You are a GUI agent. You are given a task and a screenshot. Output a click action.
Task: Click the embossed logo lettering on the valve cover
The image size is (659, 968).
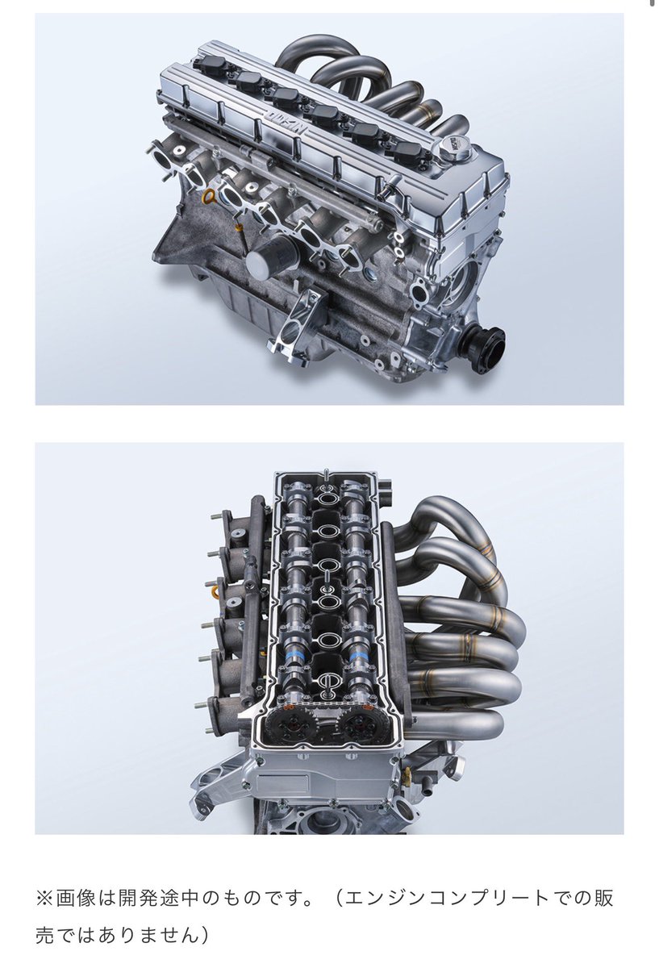[x=285, y=122]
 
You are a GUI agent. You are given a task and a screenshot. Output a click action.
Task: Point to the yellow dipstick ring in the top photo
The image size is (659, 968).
[x=210, y=196]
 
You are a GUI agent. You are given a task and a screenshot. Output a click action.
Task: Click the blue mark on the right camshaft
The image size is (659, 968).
[x=359, y=657]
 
